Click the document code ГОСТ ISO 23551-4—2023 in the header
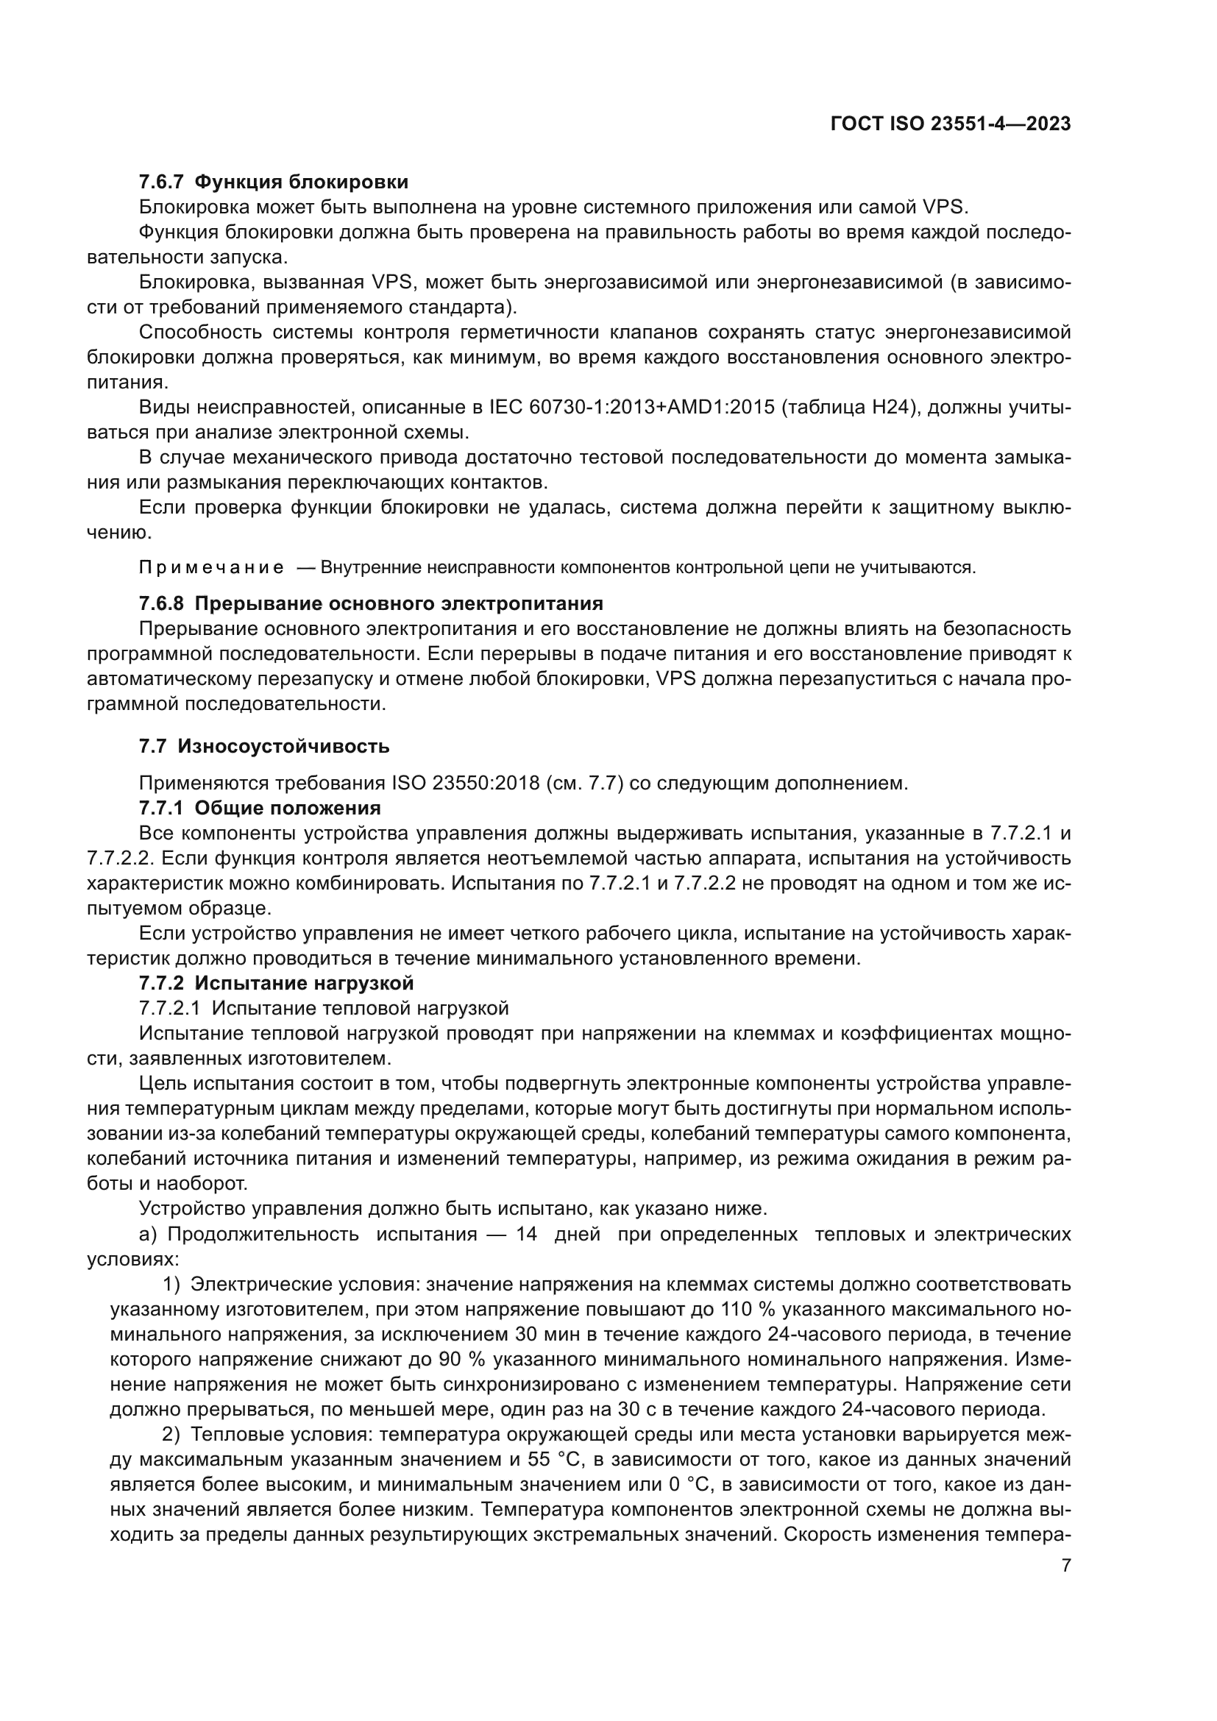coord(950,124)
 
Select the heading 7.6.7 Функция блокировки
coord(274,182)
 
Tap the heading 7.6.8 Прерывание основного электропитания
coord(371,603)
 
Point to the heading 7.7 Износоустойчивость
coord(264,747)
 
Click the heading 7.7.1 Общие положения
coord(259,808)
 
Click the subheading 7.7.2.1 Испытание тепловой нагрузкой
coord(324,1008)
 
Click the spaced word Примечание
coord(211,567)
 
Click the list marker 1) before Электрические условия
coord(171,1284)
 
